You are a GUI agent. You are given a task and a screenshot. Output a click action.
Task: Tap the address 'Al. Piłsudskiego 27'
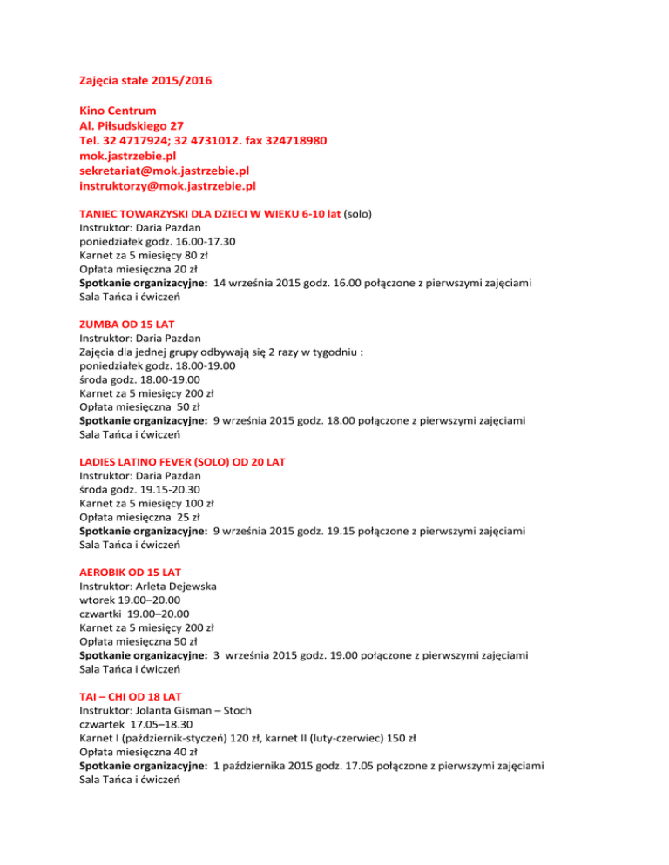(x=131, y=126)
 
